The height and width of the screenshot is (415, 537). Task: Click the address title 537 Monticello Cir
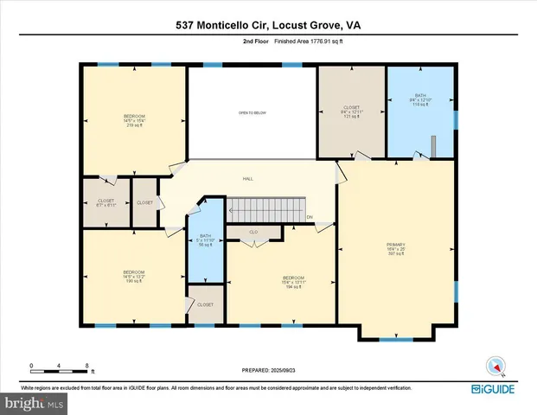coord(268,25)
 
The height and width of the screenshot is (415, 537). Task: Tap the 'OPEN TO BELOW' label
coord(253,112)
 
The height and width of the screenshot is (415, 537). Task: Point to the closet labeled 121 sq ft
coord(351,112)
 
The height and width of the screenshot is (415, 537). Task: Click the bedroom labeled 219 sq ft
coord(133,120)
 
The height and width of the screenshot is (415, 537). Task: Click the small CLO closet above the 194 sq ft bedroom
coord(253,233)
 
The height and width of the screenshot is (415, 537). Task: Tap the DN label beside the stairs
coord(310,217)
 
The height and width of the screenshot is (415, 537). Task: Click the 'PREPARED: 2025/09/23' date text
coord(268,369)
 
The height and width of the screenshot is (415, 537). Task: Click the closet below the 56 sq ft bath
coord(206,305)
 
